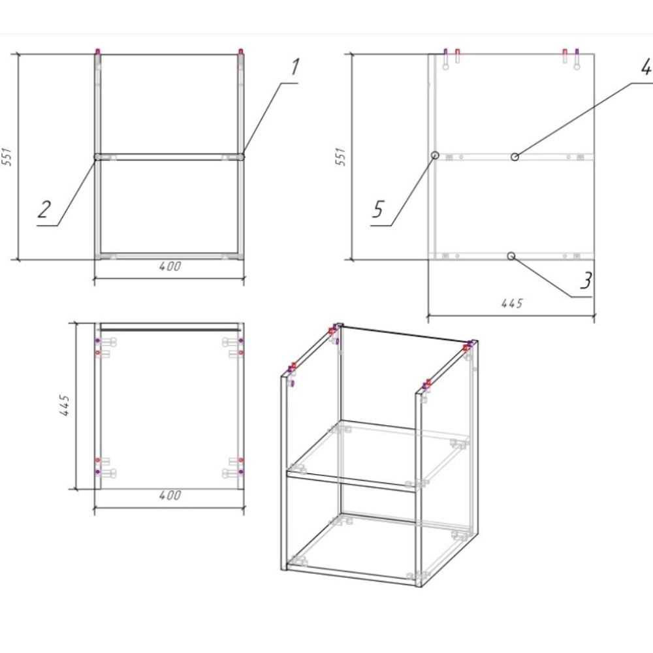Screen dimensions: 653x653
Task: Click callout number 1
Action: point(295,67)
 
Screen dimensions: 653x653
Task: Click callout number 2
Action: point(44,209)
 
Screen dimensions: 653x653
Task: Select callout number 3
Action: point(586,280)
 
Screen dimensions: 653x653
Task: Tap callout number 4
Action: point(646,67)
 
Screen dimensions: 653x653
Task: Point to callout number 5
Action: point(377,209)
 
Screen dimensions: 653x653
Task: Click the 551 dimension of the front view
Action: point(7,157)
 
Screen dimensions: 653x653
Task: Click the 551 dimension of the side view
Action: point(341,157)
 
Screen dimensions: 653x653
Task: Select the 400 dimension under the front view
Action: point(170,266)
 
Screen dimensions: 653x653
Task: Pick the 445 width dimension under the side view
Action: point(512,303)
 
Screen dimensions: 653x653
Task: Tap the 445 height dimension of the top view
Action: point(65,406)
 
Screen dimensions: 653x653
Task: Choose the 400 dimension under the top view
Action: point(170,495)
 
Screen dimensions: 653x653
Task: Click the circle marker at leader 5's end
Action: point(435,155)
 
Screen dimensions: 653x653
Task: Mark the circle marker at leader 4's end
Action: point(515,157)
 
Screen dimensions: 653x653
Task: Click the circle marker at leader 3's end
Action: point(511,256)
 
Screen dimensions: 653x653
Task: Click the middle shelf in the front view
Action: point(169,157)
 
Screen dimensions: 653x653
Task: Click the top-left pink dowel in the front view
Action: point(98,52)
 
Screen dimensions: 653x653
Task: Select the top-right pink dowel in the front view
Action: point(241,52)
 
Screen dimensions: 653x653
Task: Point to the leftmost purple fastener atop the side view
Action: point(445,52)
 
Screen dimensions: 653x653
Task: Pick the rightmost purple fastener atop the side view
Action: point(577,52)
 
